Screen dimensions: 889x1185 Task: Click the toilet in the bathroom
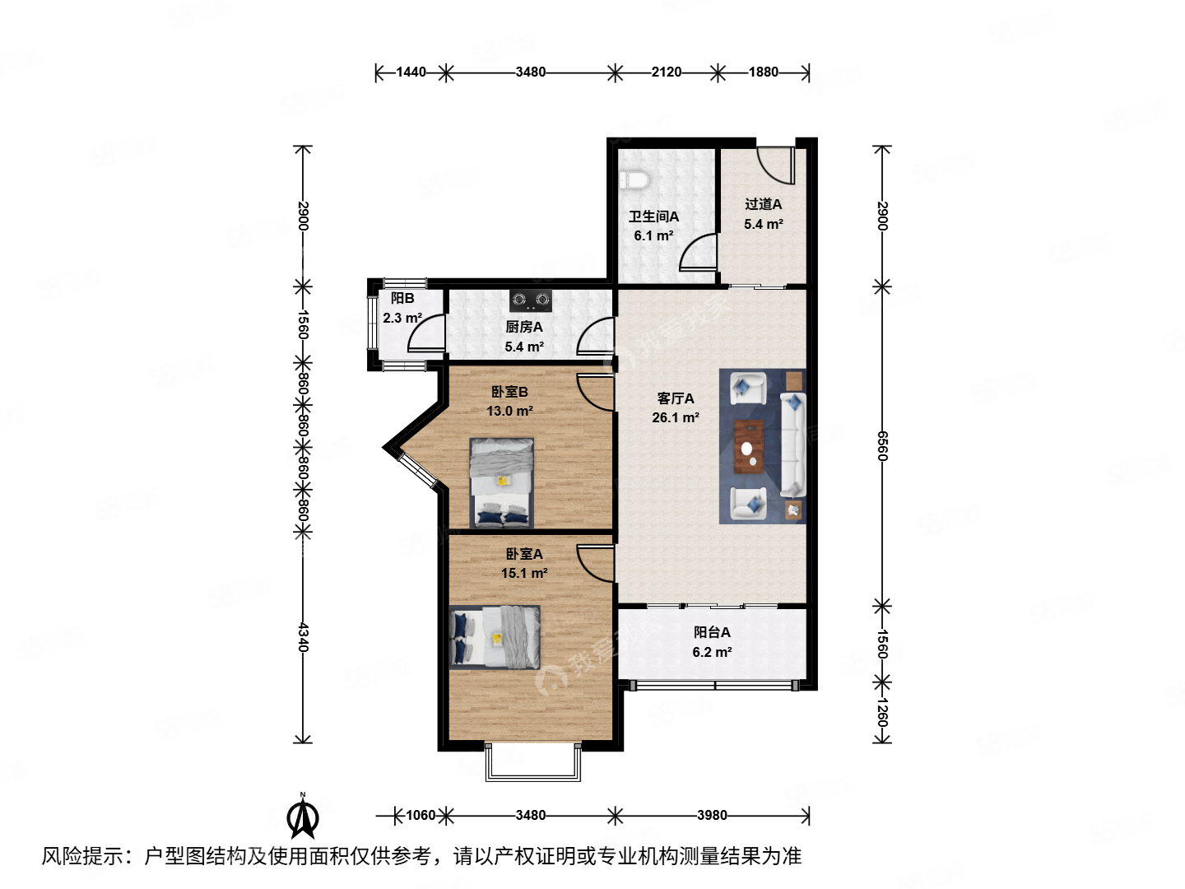(634, 179)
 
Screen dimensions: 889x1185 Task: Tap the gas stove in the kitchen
(530, 300)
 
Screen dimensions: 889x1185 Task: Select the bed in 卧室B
(501, 482)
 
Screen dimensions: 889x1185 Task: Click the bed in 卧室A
(495, 637)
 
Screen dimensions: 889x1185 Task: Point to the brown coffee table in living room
(748, 447)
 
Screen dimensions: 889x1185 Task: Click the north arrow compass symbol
(303, 817)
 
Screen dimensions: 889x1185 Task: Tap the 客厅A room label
(675, 398)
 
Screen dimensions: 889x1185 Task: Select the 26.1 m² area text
(675, 418)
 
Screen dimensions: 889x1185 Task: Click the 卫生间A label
(653, 216)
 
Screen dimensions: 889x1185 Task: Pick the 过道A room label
(763, 204)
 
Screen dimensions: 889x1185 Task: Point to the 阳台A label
(712, 632)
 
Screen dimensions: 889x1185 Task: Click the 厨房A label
(523, 327)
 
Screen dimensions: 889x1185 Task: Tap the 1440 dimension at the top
(411, 72)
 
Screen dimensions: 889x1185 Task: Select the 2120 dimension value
(666, 72)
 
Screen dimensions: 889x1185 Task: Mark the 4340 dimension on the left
(303, 637)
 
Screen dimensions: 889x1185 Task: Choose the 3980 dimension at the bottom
(712, 815)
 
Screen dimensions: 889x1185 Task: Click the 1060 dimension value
(420, 815)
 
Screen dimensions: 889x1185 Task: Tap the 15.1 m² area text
(523, 574)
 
